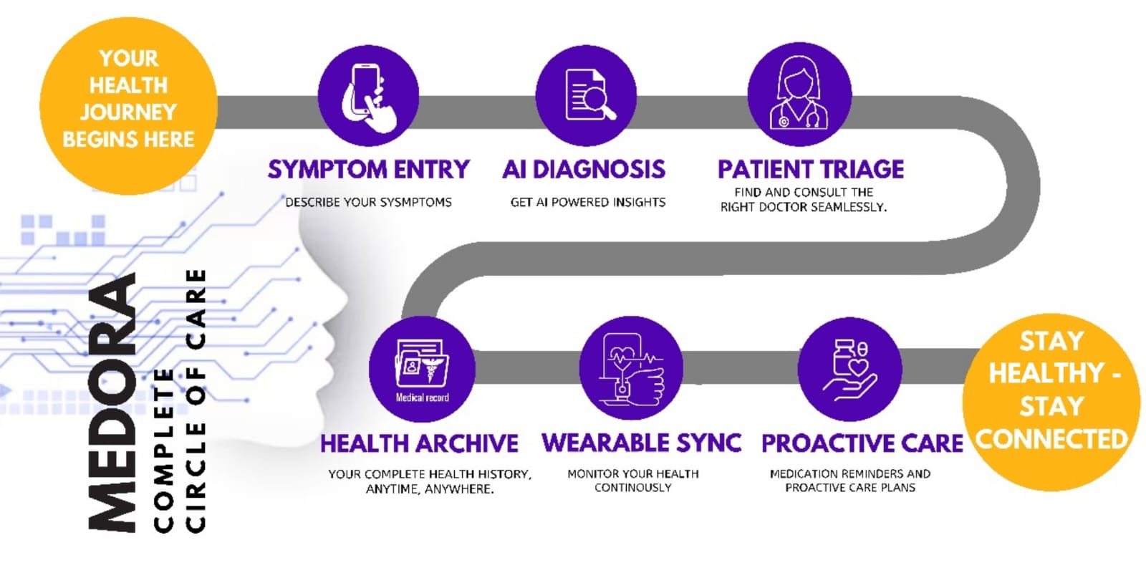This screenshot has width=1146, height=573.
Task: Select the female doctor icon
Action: tap(799, 94)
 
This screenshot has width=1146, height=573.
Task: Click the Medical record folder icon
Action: tap(422, 369)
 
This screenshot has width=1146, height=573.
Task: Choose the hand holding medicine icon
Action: tap(849, 369)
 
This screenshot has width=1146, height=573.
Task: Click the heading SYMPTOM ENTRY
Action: tap(368, 169)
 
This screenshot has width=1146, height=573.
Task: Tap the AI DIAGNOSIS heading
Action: tap(584, 169)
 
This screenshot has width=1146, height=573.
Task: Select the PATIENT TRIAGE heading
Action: tap(811, 169)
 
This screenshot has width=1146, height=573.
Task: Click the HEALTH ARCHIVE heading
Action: tap(419, 443)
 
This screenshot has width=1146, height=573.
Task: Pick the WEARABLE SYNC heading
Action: tap(642, 443)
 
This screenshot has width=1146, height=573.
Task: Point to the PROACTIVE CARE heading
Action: tap(862, 443)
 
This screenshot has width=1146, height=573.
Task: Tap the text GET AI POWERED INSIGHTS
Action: tap(588, 203)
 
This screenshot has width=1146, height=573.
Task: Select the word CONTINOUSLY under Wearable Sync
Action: tap(633, 488)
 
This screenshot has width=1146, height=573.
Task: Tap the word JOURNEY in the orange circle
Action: tap(128, 112)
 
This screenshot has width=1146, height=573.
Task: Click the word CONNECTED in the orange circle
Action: tap(1051, 439)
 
